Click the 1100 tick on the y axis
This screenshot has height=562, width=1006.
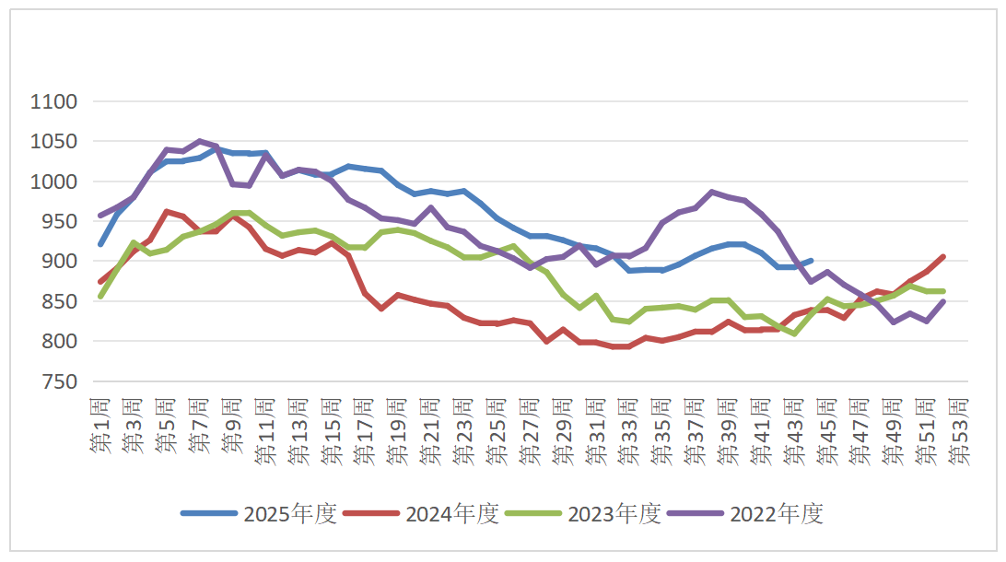click(56, 101)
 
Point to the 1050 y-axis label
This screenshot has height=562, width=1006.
click(56, 141)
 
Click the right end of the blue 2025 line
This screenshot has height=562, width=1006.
click(811, 261)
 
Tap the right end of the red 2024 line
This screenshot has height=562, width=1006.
click(943, 257)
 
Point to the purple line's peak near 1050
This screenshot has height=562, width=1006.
click(200, 142)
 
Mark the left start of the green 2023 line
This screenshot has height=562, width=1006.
click(99, 297)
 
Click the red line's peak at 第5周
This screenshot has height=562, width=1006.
click(167, 212)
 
